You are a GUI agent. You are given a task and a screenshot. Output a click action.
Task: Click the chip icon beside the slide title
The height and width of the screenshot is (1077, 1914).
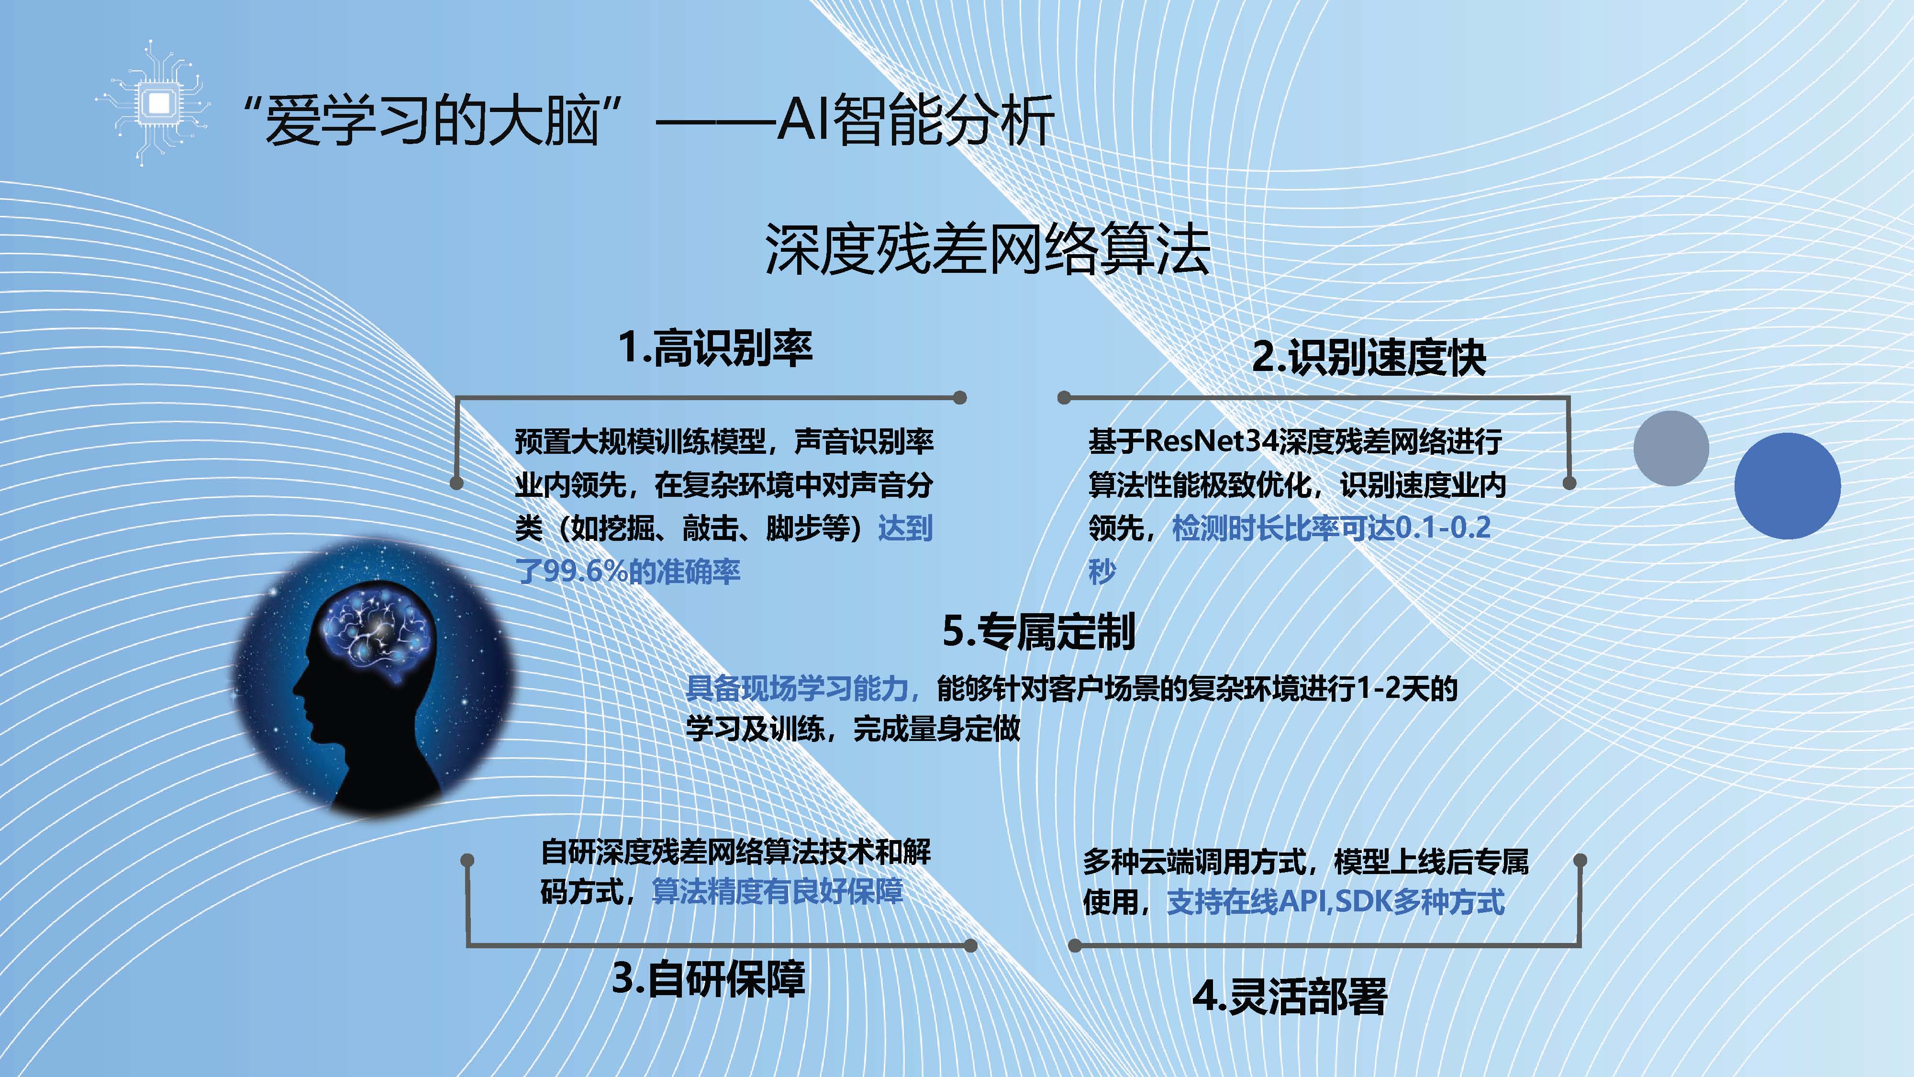coord(157,102)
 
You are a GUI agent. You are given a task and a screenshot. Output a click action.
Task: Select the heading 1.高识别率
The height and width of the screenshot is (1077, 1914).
coord(715,348)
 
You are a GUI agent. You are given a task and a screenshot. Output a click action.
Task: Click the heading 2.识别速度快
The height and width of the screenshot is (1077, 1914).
coord(1369,358)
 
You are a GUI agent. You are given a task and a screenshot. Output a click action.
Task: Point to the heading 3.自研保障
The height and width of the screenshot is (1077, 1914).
coord(708,978)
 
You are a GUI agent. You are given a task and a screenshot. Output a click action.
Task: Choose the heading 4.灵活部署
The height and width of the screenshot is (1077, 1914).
coord(1290,996)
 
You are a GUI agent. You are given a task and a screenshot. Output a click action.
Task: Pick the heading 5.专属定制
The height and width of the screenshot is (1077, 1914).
coord(1038,632)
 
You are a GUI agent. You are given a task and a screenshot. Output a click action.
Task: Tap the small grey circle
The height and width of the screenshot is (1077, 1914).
coord(1671,448)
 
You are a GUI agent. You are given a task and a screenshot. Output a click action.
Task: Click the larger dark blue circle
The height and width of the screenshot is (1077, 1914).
coord(1787,486)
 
